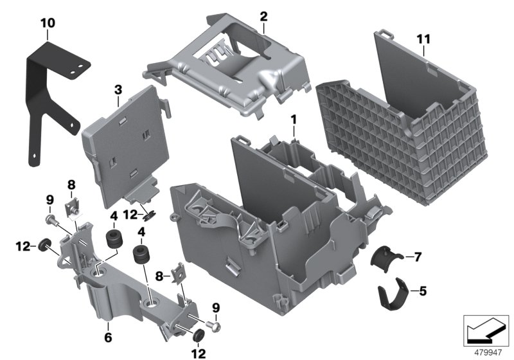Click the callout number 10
(48, 23)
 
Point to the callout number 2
(263, 15)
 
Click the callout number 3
(118, 91)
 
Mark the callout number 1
(293, 120)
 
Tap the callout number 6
(108, 336)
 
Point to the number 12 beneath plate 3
(130, 214)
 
